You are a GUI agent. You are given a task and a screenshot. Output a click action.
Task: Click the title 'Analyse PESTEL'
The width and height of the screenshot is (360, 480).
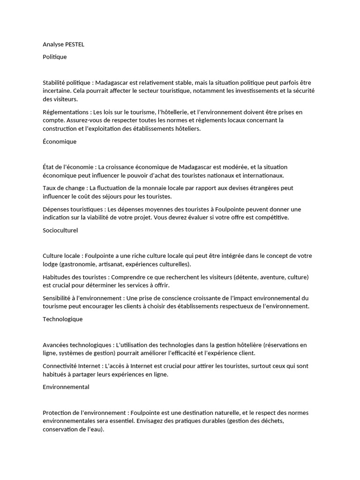[x=64, y=45]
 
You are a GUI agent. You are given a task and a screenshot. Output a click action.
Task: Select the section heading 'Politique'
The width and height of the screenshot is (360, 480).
[x=55, y=57]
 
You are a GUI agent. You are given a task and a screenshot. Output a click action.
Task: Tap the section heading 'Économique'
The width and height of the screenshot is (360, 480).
[x=60, y=141]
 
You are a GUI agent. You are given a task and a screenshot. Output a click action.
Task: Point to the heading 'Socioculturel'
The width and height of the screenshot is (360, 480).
[x=60, y=230]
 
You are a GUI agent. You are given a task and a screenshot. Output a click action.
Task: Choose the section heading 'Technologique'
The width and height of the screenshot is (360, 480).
[x=62, y=319]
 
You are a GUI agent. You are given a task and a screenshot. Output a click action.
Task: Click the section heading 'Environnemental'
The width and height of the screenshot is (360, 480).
[x=66, y=387]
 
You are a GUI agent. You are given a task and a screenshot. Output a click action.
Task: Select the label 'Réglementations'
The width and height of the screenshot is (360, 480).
[x=66, y=112]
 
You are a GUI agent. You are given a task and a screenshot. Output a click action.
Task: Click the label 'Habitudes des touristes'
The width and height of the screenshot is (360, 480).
[x=74, y=277]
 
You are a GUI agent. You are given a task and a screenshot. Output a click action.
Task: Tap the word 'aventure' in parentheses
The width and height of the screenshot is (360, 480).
[x=271, y=277]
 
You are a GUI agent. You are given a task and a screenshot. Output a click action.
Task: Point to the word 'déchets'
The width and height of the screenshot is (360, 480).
[x=272, y=421]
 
